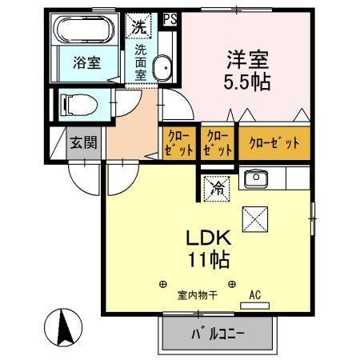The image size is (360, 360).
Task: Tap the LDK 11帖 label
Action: pos(209,248)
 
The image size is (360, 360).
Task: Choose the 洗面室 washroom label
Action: pos(141,61)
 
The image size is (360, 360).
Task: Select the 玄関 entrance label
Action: pos(82,144)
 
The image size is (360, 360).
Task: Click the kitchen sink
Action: pos(258,178)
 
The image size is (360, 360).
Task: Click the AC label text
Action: pos(255,295)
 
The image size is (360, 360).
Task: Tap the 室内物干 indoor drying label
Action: pos(197,295)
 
